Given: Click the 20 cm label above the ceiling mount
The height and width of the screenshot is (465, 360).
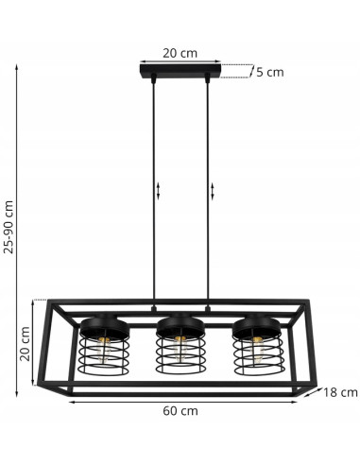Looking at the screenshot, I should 179,53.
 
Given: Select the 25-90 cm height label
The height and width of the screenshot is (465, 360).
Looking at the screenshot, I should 9,226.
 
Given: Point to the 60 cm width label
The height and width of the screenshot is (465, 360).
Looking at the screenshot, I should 180,411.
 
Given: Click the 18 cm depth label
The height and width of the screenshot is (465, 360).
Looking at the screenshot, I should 338,391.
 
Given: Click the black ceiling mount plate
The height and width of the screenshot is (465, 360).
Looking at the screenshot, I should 179,73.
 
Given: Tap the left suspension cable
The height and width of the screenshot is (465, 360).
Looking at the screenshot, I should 152,189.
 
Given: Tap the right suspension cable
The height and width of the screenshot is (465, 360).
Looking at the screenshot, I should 207,189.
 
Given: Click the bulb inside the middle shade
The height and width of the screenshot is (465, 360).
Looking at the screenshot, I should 179,350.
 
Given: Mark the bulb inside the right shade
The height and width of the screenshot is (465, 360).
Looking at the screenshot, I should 257,350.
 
